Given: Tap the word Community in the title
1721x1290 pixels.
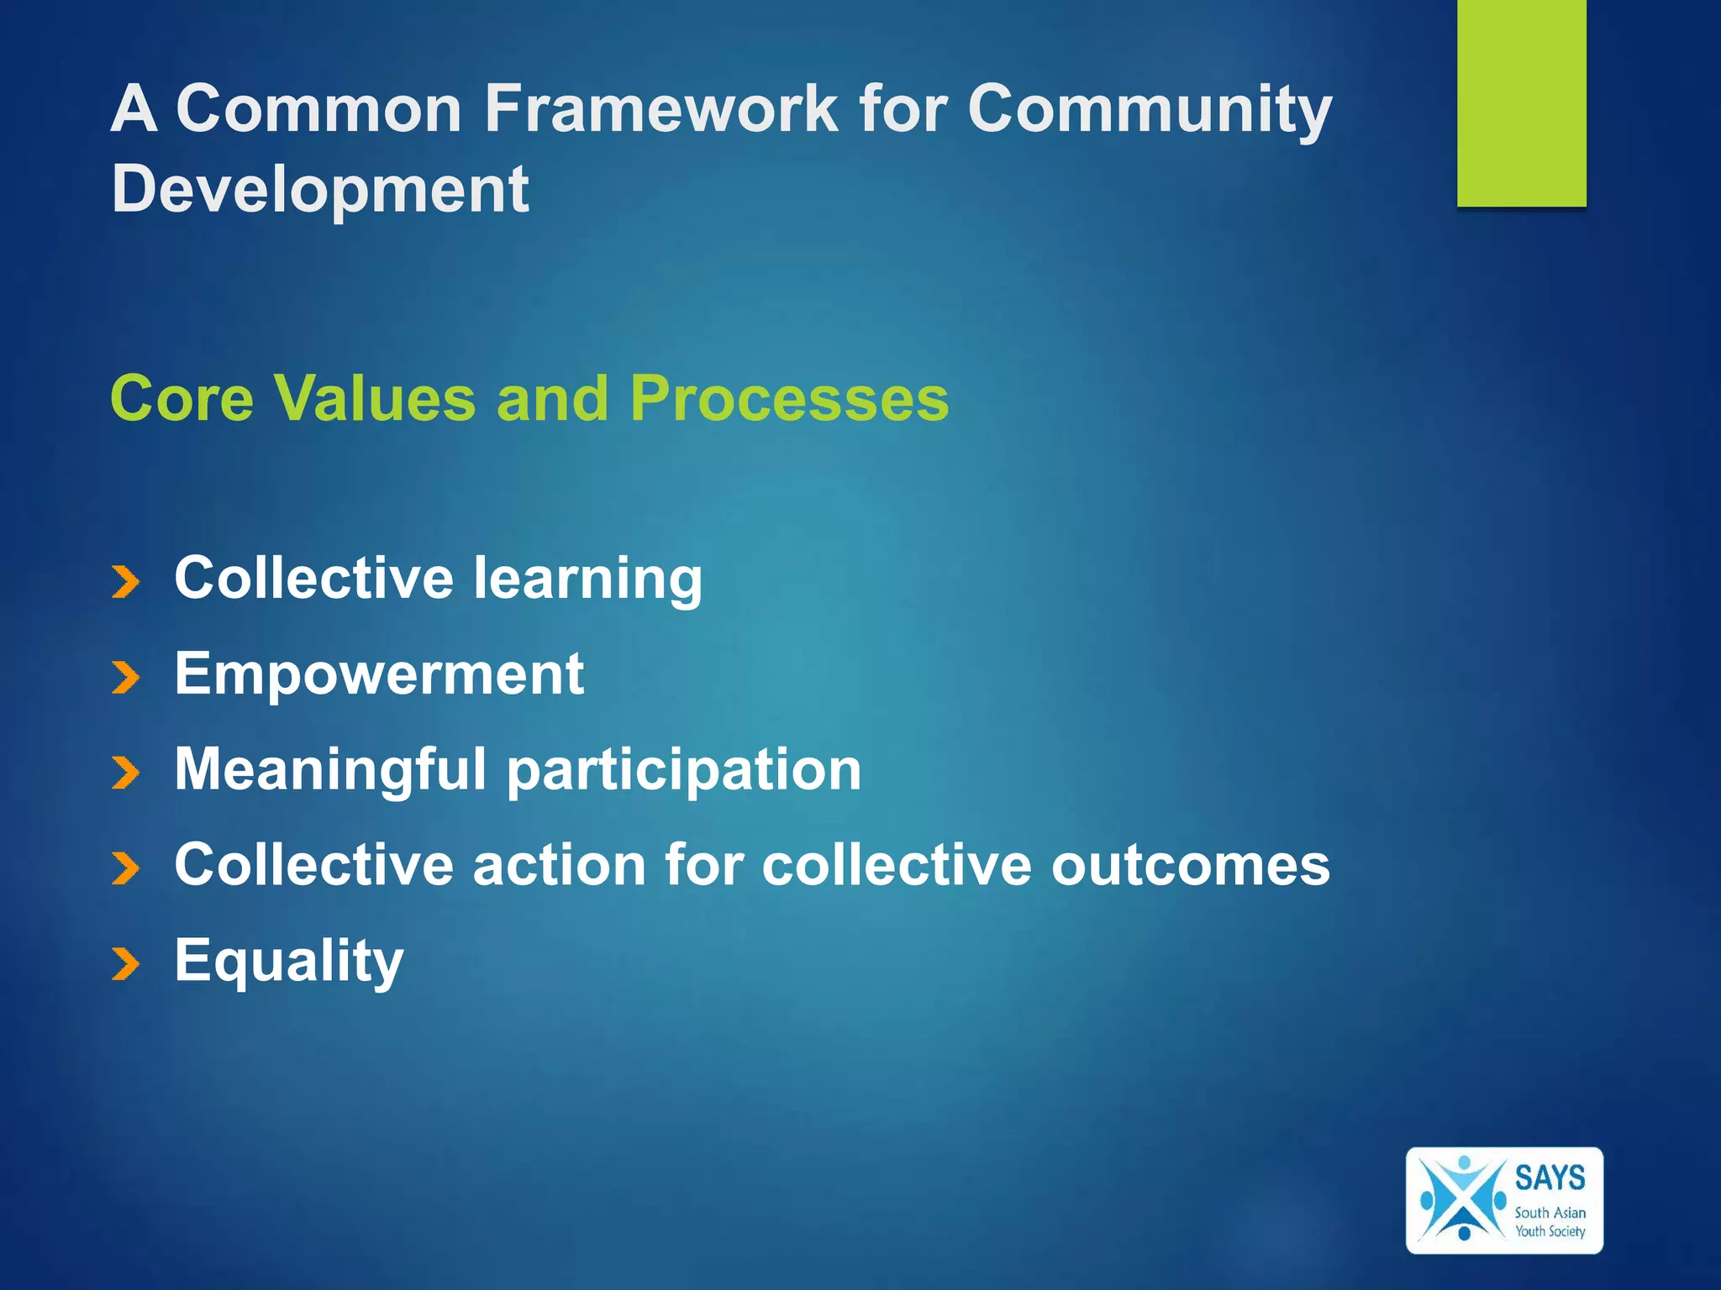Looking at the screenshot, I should (1149, 109).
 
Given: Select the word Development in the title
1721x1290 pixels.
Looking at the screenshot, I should (319, 189).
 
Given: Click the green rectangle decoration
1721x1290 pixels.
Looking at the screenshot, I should (1521, 102).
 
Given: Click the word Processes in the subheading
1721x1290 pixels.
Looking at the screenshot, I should (789, 398).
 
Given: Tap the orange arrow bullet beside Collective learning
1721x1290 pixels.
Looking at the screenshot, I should (125, 582).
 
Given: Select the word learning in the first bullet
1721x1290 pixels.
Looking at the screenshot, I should (587, 579).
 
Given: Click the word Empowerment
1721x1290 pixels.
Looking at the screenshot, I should (379, 674).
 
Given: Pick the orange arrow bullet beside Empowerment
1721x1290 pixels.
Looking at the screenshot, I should (125, 678).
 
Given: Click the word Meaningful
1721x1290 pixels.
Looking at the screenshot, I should (330, 769).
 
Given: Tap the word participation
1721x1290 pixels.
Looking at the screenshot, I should (684, 771).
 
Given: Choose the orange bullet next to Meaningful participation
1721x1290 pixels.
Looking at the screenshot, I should (125, 773).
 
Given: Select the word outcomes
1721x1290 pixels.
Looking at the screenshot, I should (1190, 865).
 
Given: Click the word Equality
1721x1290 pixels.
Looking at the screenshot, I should (289, 962).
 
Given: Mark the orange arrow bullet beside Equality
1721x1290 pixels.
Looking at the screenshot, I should (125, 965).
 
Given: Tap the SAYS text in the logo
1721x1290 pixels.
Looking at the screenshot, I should (1550, 1178).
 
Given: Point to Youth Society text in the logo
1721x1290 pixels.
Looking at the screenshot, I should (1550, 1231).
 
